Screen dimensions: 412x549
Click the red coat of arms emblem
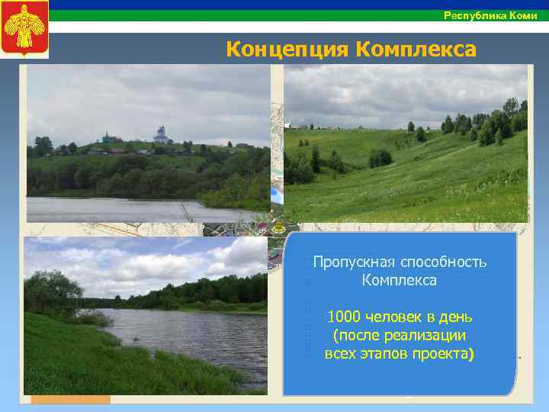pos(24,29)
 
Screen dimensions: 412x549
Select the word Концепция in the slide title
pos(287,50)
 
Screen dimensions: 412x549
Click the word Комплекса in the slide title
pos(416,50)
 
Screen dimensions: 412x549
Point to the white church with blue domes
pos(161,135)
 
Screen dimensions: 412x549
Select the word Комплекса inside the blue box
pos(400,281)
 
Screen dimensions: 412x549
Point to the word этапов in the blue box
pos(390,353)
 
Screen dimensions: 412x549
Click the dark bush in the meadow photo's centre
pos(380,158)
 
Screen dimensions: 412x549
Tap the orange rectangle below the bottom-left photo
pos(70,399)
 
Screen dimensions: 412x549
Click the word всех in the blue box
pos(340,353)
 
